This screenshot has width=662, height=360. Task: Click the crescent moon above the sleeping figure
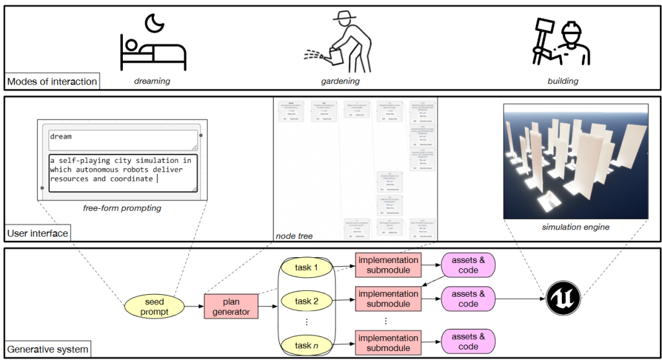155,24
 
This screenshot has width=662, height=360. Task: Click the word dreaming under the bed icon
152,81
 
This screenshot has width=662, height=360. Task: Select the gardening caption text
340,81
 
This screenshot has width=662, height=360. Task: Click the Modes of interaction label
52,81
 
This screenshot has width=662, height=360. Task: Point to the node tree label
294,236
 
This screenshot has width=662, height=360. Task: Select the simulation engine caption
575,227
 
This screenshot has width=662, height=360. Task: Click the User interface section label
37,233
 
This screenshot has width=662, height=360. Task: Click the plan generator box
231,306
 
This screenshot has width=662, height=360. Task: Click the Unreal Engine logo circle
562,299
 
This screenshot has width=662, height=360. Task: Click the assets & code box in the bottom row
468,341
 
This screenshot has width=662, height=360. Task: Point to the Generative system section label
46,350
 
